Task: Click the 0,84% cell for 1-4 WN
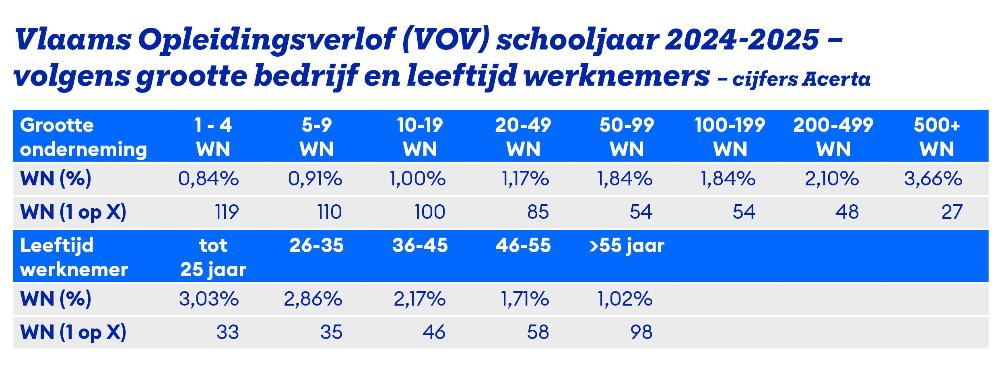coord(208,179)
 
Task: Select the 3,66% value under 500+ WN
coord(933,179)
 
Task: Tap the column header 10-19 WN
coord(420,137)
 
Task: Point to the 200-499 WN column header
coord(833,137)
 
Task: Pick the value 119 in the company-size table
coord(227,212)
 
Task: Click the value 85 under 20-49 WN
coord(538,212)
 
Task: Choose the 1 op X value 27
coord(952,212)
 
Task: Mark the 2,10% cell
coord(832,179)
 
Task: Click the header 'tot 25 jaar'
coord(213,257)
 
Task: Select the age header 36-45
coord(420,245)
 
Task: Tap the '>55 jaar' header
coord(627,245)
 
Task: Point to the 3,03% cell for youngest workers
coord(208,299)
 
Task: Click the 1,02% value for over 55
coord(625,299)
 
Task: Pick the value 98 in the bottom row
coord(641,332)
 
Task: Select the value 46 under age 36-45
coord(434,332)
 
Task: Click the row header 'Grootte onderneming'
coord(83,137)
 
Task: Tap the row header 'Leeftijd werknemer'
coord(74,257)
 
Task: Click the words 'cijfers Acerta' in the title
coord(801,79)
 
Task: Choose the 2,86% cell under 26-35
coord(313,299)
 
